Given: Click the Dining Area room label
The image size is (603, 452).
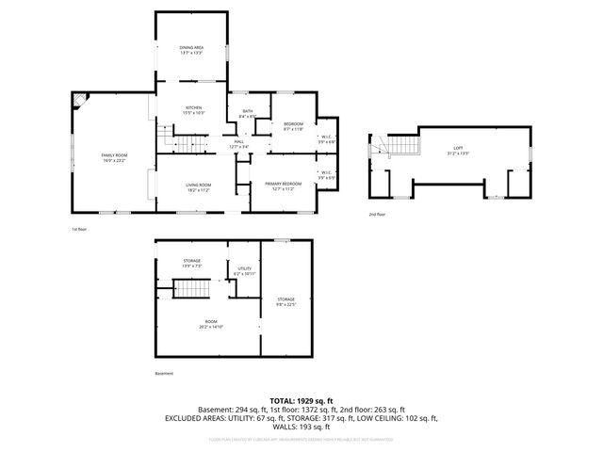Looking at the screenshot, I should coord(191,50).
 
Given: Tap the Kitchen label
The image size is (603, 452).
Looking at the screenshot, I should coord(193,109).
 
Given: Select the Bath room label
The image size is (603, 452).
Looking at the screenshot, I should coord(248,114).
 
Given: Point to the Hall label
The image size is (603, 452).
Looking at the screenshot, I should coord(239,144).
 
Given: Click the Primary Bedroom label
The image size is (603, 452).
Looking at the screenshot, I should coord(283,186).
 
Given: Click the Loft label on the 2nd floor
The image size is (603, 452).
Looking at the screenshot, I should coord(458,151).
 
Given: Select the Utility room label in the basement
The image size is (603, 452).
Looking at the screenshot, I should coord(244,271).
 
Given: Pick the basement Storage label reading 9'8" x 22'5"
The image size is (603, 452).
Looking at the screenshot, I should coord(285,301).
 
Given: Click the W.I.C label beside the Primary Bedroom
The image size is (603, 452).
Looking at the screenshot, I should coord(326,174).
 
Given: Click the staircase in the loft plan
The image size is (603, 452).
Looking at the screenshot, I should coord(403,145).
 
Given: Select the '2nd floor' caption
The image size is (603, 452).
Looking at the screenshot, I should coord(378,214).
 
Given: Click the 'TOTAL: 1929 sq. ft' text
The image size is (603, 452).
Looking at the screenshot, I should coord(301,401).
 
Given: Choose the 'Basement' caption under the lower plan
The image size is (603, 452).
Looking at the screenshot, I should coord(164,374).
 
